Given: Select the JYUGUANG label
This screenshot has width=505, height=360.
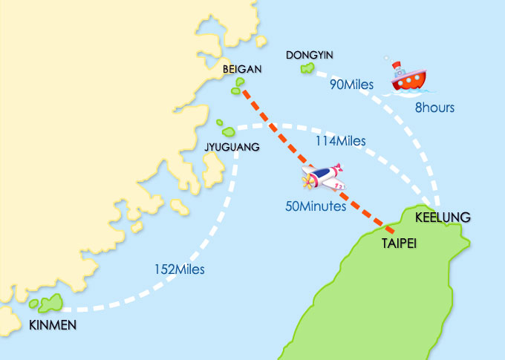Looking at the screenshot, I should pos(232,148).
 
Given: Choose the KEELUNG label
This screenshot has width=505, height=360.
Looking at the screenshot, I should pos(443,217).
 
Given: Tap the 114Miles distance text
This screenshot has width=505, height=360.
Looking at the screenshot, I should pos(342,140).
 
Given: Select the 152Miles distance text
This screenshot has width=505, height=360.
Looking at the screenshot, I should pos(181,269).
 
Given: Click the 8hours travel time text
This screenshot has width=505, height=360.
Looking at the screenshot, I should pos(434,108).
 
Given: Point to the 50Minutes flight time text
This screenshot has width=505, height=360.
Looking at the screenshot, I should pos(316,206).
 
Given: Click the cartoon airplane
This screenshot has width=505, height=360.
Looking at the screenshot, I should pos(323,179).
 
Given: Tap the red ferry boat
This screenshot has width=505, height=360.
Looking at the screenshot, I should pos(408,77).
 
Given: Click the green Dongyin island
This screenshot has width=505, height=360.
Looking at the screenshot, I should pos(307,68).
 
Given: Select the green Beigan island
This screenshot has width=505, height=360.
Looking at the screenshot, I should pos(236,91).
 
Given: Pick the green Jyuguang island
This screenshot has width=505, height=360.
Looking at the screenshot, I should pos(220,123).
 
